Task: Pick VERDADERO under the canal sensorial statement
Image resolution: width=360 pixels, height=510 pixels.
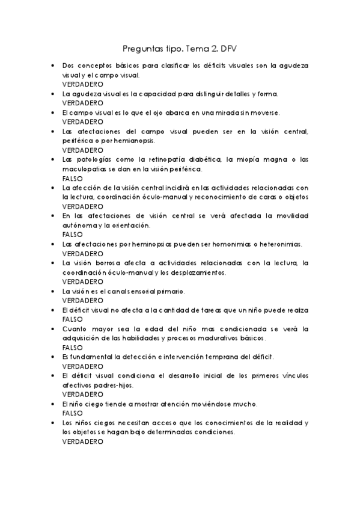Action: [82, 300]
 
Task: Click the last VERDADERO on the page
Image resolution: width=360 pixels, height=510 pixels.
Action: [82, 441]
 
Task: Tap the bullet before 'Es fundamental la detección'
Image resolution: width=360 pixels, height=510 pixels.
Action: [54, 357]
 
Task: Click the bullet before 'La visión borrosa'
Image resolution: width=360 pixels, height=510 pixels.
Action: [54, 263]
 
